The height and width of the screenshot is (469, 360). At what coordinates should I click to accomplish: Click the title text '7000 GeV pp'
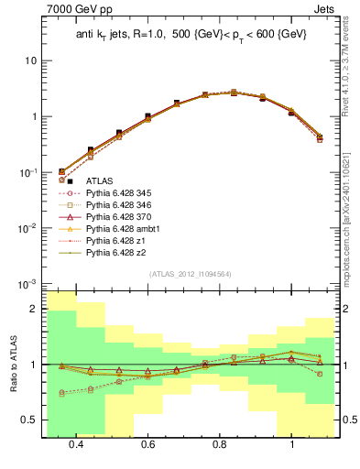pos(75,10)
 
